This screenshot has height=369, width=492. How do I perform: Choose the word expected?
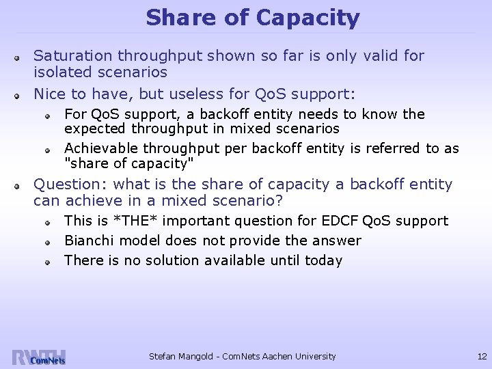92,128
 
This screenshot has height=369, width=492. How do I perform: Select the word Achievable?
97,148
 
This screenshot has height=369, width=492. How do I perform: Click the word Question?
71,184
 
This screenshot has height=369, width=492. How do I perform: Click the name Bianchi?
87,241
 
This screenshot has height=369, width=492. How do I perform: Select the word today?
324,260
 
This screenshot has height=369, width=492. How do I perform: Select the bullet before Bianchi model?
50,242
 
